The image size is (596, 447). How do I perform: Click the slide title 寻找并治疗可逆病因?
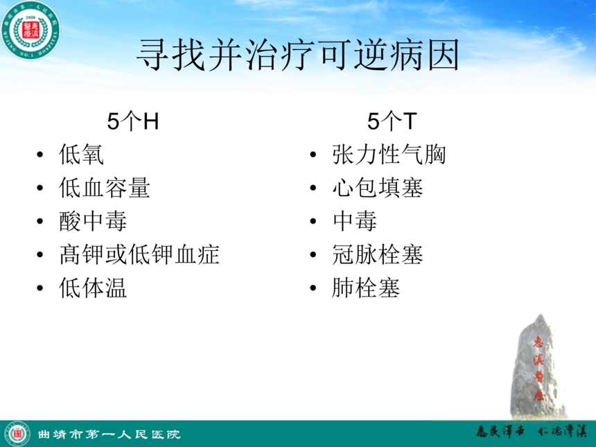(x=297, y=55)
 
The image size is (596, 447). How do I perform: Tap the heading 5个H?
(x=132, y=121)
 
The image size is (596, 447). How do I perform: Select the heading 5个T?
(x=392, y=121)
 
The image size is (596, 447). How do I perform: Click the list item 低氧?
(x=81, y=155)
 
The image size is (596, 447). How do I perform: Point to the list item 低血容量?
(x=105, y=188)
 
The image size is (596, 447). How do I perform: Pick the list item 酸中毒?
(x=93, y=221)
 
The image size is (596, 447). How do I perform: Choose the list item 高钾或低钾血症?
(x=139, y=254)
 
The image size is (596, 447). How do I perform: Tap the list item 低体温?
(x=93, y=288)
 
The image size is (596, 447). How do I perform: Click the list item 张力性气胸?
(x=389, y=155)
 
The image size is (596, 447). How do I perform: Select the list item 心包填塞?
(x=378, y=188)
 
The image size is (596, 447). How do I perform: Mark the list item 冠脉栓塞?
(x=378, y=254)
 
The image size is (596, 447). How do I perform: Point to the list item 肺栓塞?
(x=366, y=288)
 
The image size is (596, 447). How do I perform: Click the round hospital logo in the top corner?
(x=30, y=30)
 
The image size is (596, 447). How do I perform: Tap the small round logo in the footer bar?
(x=17, y=434)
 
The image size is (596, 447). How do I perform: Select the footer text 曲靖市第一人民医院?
(x=109, y=434)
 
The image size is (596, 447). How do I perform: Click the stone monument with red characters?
(x=538, y=367)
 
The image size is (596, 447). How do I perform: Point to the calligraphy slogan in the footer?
(x=532, y=432)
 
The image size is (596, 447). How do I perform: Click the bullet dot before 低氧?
(x=40, y=155)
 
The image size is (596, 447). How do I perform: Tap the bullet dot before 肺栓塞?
(x=313, y=288)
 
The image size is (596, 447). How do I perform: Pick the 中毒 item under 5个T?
(x=355, y=221)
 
